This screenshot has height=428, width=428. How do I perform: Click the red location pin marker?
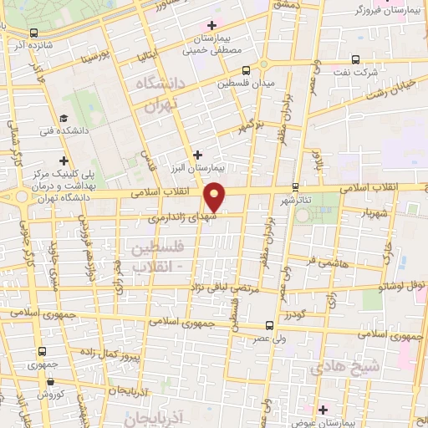[x=216, y=196]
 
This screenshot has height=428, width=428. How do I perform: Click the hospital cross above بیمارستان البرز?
[x=197, y=154]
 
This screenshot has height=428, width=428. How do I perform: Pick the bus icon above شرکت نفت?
[x=355, y=59]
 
